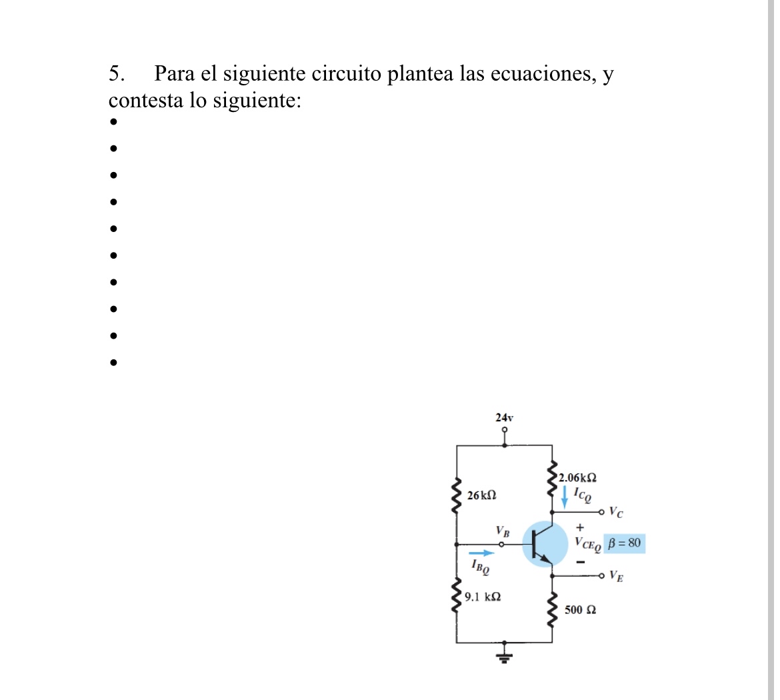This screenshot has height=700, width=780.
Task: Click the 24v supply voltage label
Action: click(504, 417)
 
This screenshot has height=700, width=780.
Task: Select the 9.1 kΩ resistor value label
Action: click(483, 597)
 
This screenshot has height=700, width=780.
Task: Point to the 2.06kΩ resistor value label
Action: click(577, 477)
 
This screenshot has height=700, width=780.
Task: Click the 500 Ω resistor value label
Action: click(580, 609)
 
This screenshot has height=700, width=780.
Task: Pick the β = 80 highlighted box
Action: click(624, 543)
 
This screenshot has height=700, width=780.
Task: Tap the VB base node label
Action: click(503, 532)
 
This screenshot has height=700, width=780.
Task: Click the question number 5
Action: click(116, 73)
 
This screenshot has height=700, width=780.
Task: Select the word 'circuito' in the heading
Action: click(347, 73)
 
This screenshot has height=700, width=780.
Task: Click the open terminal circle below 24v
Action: click(505, 430)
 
